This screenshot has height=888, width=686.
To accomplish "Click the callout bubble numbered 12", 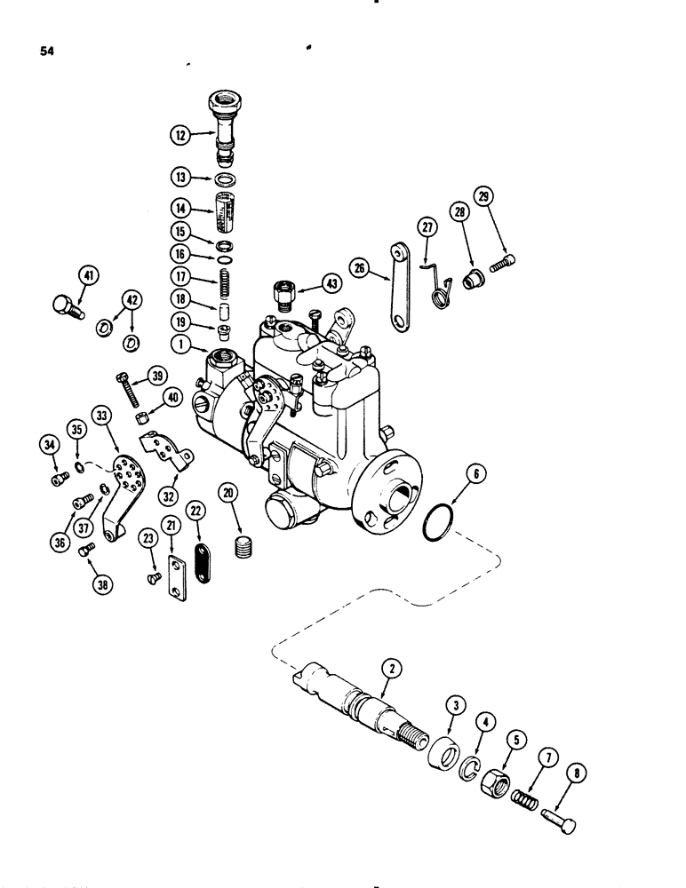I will (180, 136).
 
